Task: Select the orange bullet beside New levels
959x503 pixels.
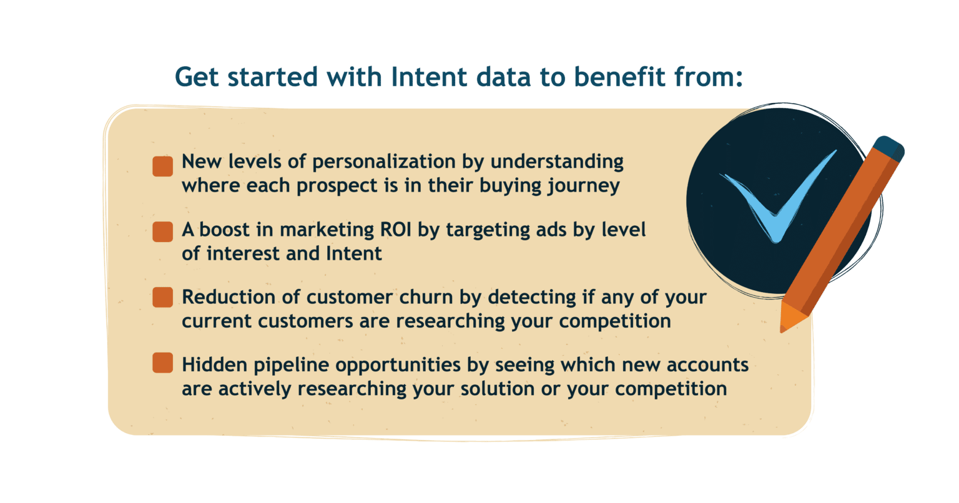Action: click(x=163, y=166)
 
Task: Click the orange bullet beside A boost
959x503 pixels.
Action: click(x=163, y=232)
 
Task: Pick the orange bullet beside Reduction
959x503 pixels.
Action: click(x=163, y=297)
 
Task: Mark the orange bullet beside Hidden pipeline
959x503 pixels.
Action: click(x=163, y=363)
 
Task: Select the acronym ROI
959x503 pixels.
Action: click(x=396, y=230)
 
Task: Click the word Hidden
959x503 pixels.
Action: click(x=215, y=364)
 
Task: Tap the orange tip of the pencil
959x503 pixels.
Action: click(x=790, y=317)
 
